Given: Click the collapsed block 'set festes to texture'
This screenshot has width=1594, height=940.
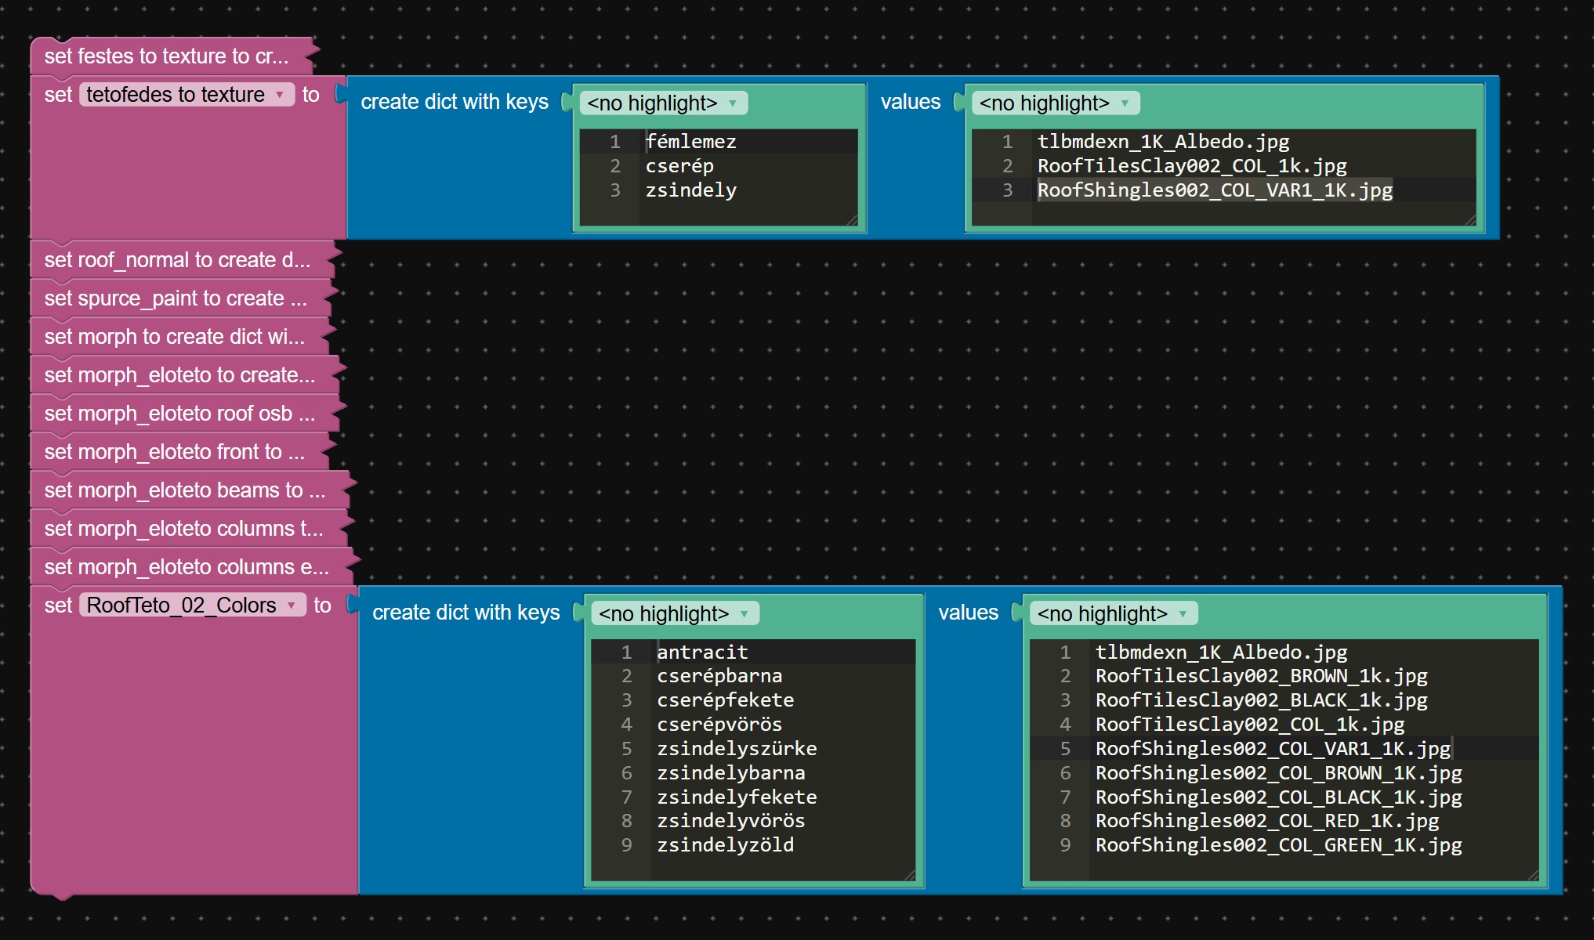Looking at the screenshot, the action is coord(166,56).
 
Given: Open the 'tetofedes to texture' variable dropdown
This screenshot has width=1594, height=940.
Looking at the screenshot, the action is coord(187,95).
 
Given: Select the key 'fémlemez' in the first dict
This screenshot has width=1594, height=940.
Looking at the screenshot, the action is coord(690,142).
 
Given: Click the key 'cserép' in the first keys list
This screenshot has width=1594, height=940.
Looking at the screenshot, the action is coord(679,166).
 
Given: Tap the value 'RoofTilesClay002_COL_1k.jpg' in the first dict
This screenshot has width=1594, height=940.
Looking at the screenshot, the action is coord(1192,166).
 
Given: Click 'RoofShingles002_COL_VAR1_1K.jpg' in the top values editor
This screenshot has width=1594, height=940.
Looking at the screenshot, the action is coord(1215,190).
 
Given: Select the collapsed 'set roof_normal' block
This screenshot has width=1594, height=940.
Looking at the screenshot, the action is coord(177,260).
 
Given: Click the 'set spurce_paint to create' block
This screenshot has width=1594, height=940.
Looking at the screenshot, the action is coord(176,298).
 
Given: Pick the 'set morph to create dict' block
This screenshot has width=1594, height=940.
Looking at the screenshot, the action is coord(174,337).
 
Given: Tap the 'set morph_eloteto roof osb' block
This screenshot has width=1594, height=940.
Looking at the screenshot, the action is coord(179,414).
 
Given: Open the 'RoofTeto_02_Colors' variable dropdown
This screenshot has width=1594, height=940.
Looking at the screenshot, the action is coord(192,606).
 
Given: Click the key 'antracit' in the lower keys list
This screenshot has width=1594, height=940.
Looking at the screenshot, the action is coord(702,652).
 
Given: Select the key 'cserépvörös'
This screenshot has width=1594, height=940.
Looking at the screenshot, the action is coord(719,725).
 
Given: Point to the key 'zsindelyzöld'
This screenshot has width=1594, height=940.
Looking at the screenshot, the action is coord(725,845).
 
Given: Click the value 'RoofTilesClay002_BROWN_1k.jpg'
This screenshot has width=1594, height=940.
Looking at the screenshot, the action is coord(1261,676).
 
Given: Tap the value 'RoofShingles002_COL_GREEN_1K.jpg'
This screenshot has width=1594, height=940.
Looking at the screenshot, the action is coord(1278,845).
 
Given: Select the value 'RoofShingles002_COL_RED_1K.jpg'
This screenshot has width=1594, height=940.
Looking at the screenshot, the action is coord(1267,821).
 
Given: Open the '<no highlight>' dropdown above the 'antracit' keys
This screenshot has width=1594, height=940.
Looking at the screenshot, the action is coord(675,613).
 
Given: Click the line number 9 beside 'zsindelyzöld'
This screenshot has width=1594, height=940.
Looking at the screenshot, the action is coord(627,845).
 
